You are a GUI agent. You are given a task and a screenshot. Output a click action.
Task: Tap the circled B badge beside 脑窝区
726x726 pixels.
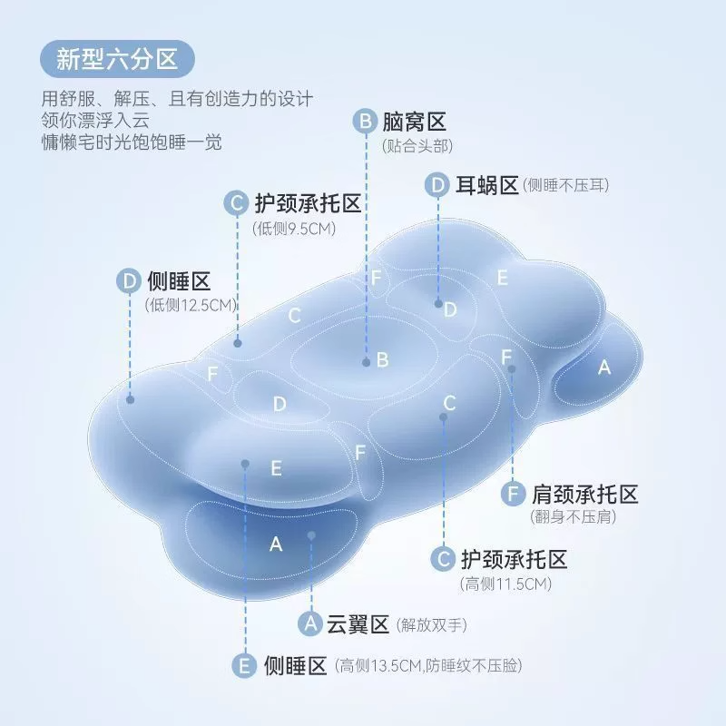(365, 122)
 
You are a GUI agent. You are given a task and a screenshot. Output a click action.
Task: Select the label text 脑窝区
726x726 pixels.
(413, 122)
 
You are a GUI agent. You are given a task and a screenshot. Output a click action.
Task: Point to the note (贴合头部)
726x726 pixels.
(417, 145)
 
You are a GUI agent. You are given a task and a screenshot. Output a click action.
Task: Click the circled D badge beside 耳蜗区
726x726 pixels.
(438, 185)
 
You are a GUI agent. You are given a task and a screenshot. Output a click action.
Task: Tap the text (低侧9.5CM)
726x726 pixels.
(294, 229)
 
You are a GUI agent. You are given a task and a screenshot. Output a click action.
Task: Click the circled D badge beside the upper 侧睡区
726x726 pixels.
(128, 280)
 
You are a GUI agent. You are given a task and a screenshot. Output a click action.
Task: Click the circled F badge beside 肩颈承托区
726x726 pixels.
(514, 495)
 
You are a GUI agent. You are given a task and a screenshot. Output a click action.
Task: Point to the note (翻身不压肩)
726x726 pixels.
(574, 518)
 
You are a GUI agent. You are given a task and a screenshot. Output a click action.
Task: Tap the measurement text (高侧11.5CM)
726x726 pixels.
(505, 584)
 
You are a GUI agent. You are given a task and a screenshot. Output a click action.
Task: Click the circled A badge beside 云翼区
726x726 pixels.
(310, 624)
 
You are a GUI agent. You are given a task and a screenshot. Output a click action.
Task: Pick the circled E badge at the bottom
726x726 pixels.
(244, 666)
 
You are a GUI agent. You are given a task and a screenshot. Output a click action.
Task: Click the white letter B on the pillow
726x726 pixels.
(383, 360)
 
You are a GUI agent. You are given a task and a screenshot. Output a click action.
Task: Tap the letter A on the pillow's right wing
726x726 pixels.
(604, 368)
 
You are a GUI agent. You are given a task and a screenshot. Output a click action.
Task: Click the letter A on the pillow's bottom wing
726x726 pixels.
(277, 544)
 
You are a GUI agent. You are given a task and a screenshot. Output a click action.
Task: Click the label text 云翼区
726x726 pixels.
(357, 624)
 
